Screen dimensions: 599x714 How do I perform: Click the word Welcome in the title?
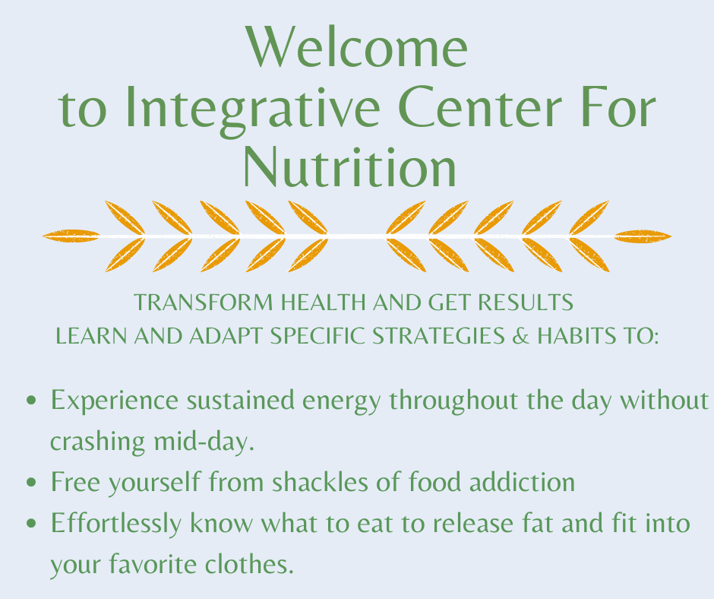[x=357, y=47]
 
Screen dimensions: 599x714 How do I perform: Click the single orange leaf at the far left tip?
[x=71, y=236]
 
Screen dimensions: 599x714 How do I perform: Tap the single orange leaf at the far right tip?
[x=643, y=236]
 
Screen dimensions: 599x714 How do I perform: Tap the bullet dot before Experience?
[x=32, y=401]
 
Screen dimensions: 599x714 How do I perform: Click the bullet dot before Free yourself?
[x=32, y=483]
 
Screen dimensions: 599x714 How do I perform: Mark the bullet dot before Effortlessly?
[x=32, y=525]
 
